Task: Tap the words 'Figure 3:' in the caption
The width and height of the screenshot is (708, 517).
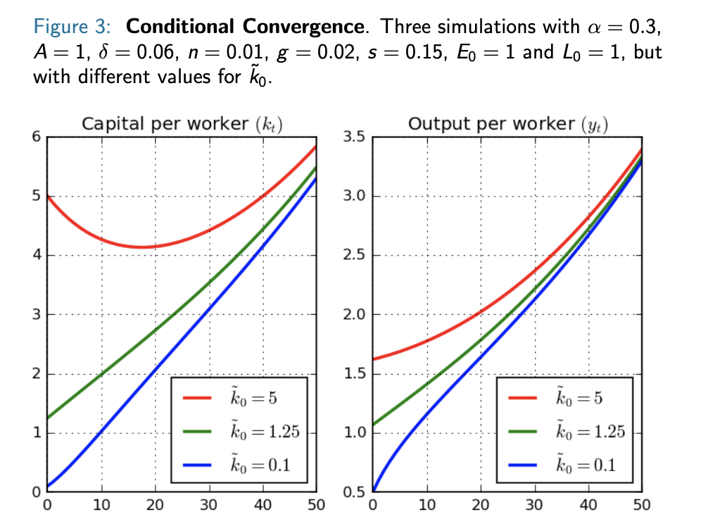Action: [x=74, y=28]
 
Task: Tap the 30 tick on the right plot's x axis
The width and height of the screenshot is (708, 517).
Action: [x=534, y=504]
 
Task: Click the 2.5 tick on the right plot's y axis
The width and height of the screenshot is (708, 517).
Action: [x=353, y=255]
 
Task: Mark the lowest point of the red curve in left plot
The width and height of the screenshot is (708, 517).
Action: [x=141, y=247]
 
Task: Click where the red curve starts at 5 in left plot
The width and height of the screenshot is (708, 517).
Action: [x=48, y=196]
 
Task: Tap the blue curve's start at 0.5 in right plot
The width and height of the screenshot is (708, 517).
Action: [x=373, y=491]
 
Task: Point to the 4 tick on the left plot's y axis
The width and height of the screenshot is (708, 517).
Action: [x=37, y=255]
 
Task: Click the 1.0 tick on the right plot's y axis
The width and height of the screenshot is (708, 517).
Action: [x=353, y=432]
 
